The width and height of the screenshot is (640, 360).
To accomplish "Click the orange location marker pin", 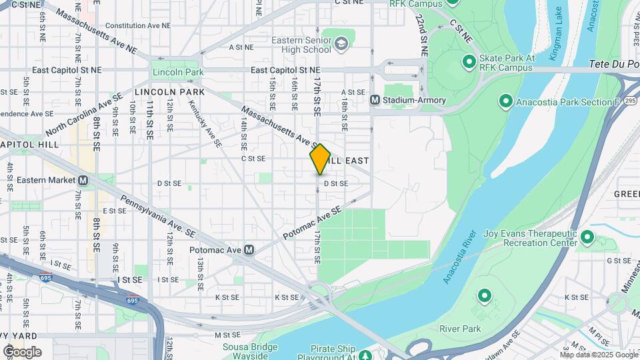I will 320,159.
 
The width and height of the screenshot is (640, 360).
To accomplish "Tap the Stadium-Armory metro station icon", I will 375,100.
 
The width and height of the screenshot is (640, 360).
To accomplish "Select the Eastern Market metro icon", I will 83,181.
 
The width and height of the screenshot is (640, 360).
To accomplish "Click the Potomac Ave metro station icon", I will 249,250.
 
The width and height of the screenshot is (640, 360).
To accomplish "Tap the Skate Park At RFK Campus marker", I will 469,63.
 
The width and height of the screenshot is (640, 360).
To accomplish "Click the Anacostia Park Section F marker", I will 505,102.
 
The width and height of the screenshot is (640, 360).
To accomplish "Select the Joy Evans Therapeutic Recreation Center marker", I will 587,237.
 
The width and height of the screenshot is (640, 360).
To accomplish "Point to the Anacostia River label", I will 464,257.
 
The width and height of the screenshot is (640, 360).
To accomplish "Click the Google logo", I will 22,351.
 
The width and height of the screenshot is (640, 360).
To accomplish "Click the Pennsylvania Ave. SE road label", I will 158,217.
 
